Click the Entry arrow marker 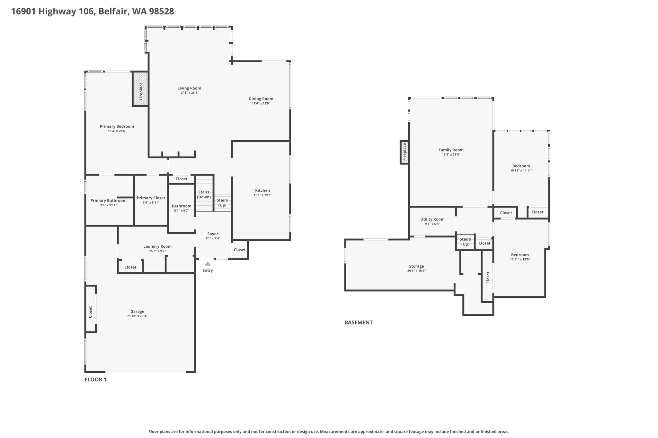point(208,263)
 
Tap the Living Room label point(189,88)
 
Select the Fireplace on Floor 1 point(141,89)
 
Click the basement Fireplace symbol point(405,152)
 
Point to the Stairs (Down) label point(204,194)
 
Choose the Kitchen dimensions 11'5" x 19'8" point(262,195)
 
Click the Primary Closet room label point(151,198)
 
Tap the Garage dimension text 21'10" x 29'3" point(137,316)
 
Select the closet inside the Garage point(90,312)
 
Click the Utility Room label point(432,219)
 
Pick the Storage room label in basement point(416,266)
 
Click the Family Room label point(451,150)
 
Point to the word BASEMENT point(358,322)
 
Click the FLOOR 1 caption point(95,380)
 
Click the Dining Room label point(261,99)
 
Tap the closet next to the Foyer point(239,250)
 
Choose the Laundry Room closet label point(130,267)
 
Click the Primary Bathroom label point(108,201)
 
